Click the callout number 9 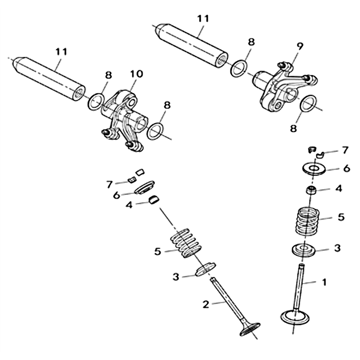299,46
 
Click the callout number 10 137,74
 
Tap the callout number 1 324,282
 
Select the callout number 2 206,304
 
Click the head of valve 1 295,317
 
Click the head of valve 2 250,329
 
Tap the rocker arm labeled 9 284,88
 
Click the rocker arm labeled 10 123,119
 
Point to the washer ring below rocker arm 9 308,103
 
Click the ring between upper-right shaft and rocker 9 239,68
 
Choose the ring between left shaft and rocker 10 95,102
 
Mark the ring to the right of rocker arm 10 155,131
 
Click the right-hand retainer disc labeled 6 314,170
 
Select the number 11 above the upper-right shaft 203,18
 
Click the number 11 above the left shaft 61,52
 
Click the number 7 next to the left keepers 109,184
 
